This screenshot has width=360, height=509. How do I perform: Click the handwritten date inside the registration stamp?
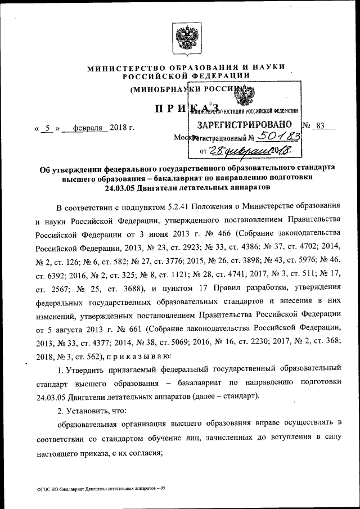(x=248, y=150)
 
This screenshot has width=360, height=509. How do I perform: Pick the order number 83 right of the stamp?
(x=321, y=126)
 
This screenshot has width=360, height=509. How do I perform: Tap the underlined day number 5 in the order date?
(x=49, y=128)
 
